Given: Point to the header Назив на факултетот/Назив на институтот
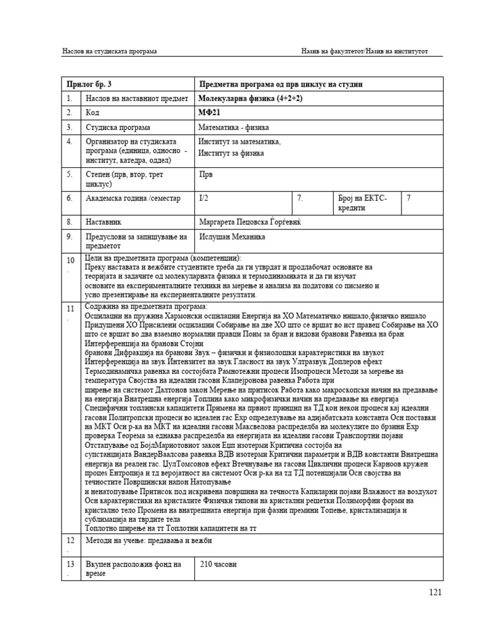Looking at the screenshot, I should point(365,51).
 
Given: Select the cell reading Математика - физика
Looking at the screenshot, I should point(233,128).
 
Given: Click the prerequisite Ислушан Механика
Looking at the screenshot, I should point(232,237).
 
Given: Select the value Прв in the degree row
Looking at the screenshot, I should point(205,175).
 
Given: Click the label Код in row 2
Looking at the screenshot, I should point(92,113).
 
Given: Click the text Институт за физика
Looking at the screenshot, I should point(231,152).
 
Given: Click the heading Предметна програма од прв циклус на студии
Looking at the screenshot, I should point(281,84).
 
